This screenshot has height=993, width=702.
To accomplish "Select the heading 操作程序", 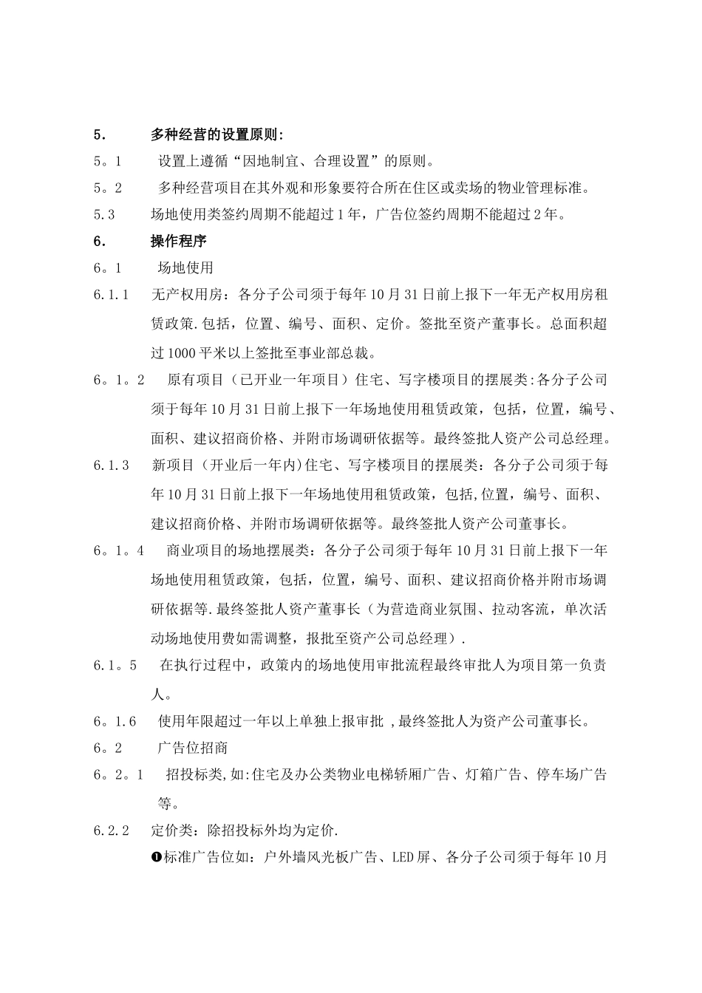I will coord(179,242).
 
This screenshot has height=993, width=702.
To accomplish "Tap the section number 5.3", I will coord(104,215).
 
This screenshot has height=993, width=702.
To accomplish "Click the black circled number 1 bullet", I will coord(156,857).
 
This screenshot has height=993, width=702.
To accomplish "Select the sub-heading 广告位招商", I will coord(193,748).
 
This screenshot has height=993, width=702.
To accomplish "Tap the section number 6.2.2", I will coord(112,830).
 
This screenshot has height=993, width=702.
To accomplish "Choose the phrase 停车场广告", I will coord(571,775).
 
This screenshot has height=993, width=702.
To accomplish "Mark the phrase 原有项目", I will coord(194,381).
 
